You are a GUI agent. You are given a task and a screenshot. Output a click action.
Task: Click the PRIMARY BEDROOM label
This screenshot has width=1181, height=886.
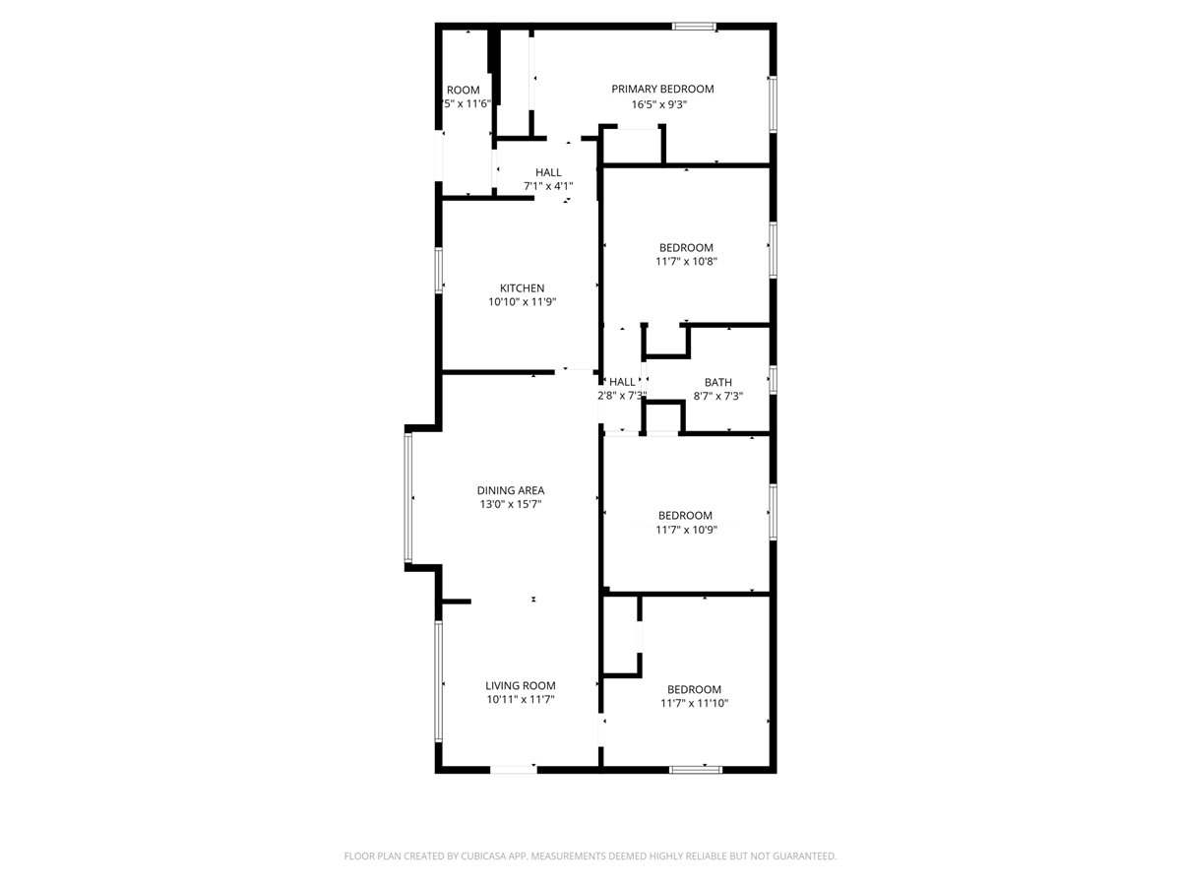tap(662, 90)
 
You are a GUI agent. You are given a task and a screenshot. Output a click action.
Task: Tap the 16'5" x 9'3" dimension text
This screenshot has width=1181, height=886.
tap(658, 104)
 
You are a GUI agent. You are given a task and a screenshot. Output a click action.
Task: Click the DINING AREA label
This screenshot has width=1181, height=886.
tap(510, 490)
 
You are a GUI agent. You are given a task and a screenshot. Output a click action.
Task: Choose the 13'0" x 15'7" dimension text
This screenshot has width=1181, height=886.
tap(510, 504)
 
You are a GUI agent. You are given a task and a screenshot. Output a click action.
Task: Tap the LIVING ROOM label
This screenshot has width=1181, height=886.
tap(520, 686)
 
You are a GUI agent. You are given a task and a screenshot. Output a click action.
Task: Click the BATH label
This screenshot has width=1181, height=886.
tap(717, 382)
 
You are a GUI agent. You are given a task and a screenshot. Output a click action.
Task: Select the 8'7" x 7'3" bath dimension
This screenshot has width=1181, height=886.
tap(717, 396)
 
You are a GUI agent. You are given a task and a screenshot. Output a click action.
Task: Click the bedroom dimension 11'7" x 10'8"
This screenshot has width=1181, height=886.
tap(686, 262)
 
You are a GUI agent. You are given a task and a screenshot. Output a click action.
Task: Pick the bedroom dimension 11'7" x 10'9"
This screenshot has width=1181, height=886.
tap(686, 530)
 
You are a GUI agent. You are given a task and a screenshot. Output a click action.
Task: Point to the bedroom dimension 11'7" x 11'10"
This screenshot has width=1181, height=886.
tap(694, 704)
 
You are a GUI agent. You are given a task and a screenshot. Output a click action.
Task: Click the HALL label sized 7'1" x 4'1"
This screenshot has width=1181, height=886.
tap(548, 172)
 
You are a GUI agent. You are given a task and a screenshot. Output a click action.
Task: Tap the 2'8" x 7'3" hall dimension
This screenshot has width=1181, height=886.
tap(622, 396)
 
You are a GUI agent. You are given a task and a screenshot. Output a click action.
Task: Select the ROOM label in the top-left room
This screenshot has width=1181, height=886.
tap(463, 90)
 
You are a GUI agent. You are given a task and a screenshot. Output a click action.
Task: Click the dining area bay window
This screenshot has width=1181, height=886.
tap(407, 498)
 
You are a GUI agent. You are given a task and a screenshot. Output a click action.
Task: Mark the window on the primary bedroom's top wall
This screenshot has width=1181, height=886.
tap(694, 27)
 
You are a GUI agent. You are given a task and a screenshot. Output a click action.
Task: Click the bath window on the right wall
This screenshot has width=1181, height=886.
tap(773, 380)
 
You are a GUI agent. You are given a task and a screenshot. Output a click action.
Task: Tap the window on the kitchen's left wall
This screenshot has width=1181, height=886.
tap(439, 270)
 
